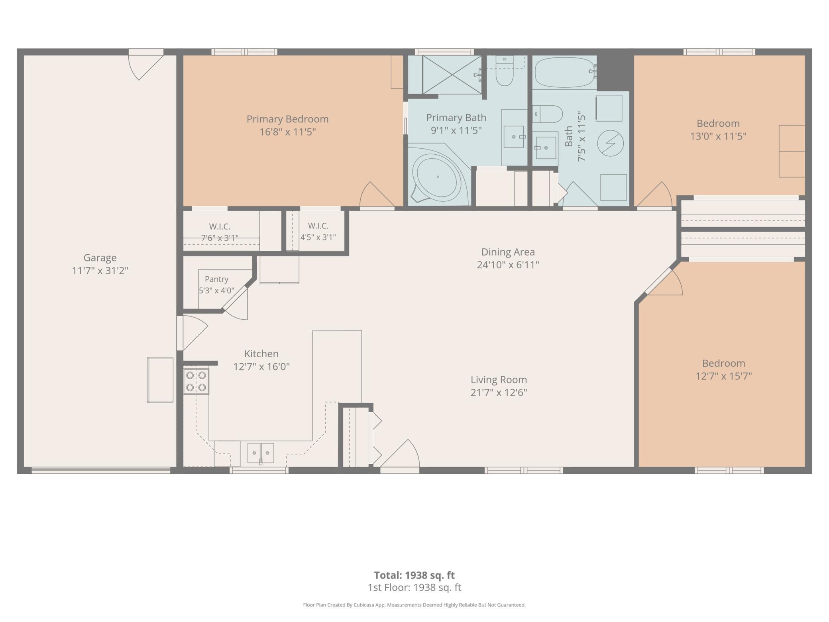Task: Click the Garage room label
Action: [x=100, y=258]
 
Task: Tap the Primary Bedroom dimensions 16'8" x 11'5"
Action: [x=287, y=132]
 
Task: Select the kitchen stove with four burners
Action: [x=196, y=381]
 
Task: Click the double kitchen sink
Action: [x=261, y=453]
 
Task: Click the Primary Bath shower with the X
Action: [x=452, y=75]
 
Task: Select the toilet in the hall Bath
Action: [x=548, y=114]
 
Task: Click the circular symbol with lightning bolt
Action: [x=610, y=143]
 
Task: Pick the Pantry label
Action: [x=216, y=279]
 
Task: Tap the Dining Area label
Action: [x=508, y=252]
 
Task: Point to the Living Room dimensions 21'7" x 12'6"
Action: [x=499, y=392]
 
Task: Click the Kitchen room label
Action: [x=261, y=354]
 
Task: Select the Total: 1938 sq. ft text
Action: [x=414, y=575]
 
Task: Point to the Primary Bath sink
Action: [x=514, y=137]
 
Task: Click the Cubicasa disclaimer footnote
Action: [x=414, y=605]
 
